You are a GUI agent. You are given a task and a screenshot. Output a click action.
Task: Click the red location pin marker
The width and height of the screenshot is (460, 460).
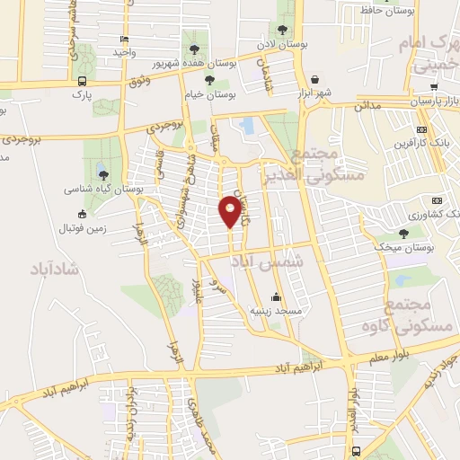231,212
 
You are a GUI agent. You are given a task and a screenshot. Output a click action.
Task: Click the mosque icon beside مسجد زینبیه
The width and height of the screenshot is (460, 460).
275,298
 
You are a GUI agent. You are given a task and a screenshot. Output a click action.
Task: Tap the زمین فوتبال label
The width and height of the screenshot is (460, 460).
106,227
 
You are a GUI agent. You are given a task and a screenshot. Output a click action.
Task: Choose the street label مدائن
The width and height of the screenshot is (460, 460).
367,106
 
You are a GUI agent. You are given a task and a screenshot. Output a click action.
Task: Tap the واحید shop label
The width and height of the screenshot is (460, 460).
122,53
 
